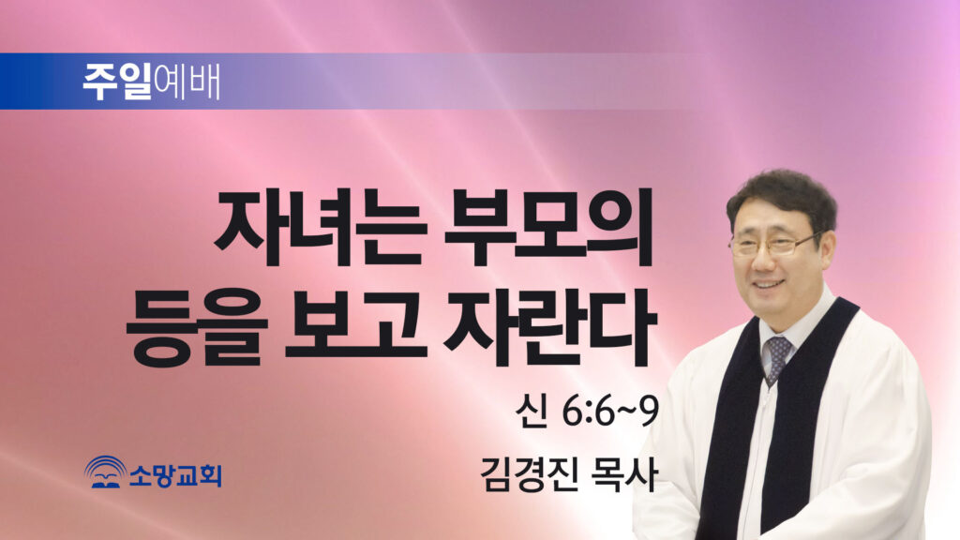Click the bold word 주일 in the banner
[117, 82]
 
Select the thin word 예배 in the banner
[187, 82]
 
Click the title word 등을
[197, 329]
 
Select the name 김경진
[528, 475]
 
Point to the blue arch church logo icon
[105, 472]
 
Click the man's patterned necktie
[776, 359]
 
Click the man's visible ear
[826, 250]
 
